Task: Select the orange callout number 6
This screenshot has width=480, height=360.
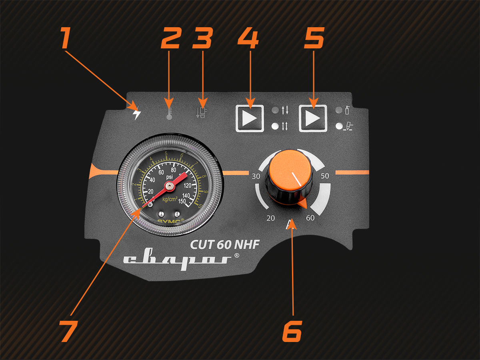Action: tap(292, 331)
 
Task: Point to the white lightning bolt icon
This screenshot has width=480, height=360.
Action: tap(137, 114)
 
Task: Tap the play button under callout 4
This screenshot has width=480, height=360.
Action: tap(250, 118)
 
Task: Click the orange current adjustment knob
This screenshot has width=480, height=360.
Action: tap(290, 176)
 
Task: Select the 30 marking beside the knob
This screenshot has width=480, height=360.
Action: tap(256, 176)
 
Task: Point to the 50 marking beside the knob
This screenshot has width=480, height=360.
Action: tap(324, 176)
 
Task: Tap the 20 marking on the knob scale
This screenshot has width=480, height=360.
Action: tap(271, 218)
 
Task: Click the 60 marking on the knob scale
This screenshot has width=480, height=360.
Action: tap(310, 218)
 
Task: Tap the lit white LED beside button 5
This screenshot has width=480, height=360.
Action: tap(339, 126)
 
